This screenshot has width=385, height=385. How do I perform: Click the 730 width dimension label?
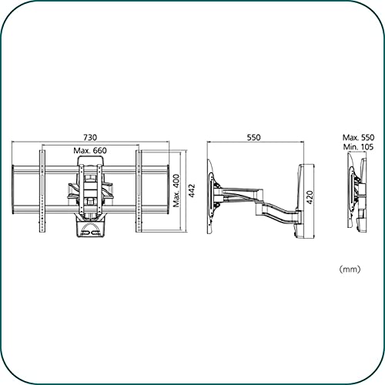(90, 137)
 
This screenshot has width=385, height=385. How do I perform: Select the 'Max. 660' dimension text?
(90, 150)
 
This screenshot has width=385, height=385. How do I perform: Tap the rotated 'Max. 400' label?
(176, 190)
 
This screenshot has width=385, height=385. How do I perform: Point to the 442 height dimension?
(192, 190)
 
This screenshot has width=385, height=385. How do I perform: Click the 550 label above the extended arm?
(253, 137)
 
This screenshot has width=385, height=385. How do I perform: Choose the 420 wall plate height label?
(310, 197)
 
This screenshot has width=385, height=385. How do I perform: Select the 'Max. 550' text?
(358, 138)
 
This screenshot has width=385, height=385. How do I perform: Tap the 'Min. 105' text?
(358, 147)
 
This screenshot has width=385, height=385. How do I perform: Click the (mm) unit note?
(350, 269)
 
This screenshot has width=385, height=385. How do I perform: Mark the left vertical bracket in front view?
(42, 191)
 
